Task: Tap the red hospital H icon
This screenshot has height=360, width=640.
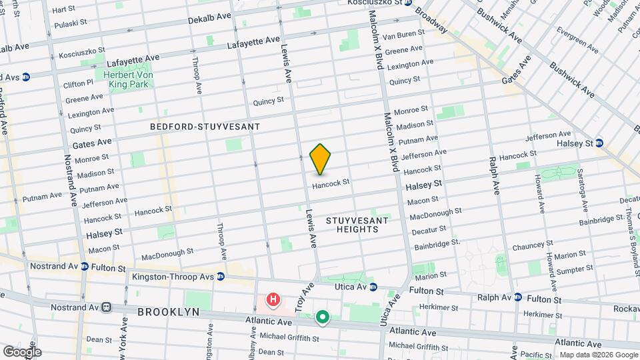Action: tap(273, 301)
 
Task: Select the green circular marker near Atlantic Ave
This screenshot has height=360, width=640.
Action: tap(323, 317)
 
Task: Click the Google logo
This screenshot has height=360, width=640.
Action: tap(21, 352)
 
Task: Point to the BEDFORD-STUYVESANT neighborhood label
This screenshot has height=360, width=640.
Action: tap(205, 126)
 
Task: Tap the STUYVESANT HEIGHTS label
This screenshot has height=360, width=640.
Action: tap(353, 224)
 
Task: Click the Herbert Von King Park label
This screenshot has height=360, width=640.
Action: tap(127, 80)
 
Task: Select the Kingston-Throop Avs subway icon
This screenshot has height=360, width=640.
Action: tap(220, 277)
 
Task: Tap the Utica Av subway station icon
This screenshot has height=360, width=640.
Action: tap(373, 287)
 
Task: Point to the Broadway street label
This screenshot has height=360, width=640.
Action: tap(431, 20)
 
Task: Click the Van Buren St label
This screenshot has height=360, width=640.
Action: tap(404, 35)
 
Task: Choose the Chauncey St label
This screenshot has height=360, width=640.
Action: tap(531, 247)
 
